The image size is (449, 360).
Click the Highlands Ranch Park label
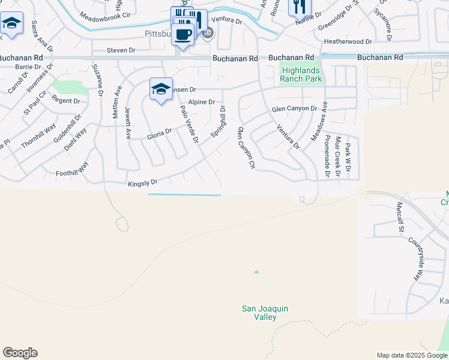click(301, 74)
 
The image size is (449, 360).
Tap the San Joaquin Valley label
click(265, 313)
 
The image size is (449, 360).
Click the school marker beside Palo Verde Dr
click(161, 89)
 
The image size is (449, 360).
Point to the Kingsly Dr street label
click(142, 182)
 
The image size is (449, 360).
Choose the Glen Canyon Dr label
click(294, 109)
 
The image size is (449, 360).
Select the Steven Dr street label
click(121, 50)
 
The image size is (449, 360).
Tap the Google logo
click(20, 353)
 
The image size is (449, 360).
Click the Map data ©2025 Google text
click(411, 355)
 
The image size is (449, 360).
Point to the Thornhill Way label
click(39, 136)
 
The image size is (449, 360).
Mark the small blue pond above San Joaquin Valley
click(256, 272)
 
